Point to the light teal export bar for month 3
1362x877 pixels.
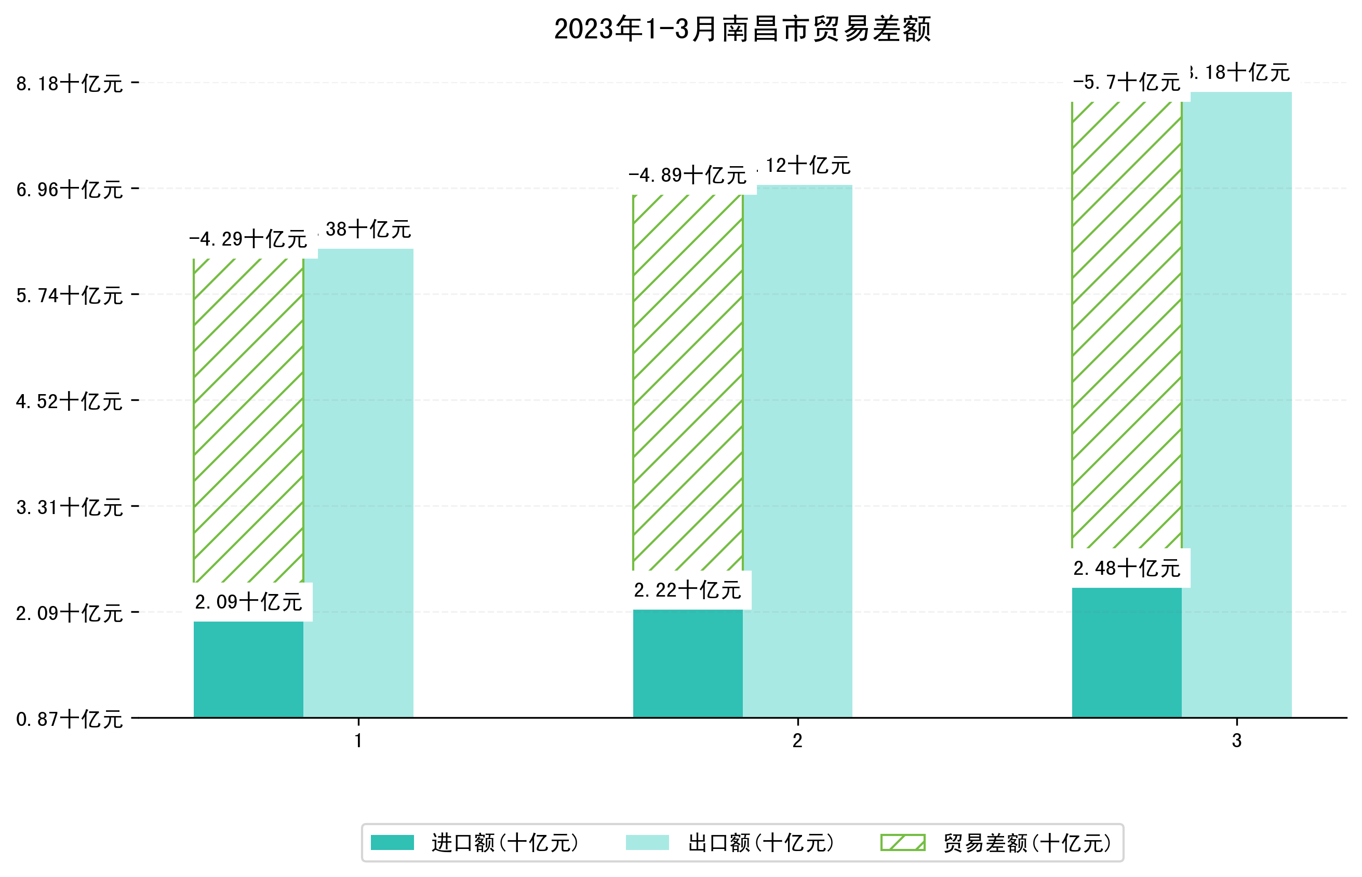[x=1236, y=404]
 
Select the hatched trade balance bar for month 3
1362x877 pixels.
[x=1126, y=325]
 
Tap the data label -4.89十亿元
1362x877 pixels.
[x=687, y=176]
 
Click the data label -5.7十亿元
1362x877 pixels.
[x=1126, y=83]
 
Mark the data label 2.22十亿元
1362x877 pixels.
[x=687, y=590]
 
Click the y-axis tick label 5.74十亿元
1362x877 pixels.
[x=70, y=295]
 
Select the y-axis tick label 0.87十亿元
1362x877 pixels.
[x=70, y=719]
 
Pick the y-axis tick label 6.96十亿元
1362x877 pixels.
[x=70, y=190]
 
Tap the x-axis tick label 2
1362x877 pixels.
[x=797, y=741]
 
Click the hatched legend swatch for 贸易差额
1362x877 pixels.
[x=902, y=842]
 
